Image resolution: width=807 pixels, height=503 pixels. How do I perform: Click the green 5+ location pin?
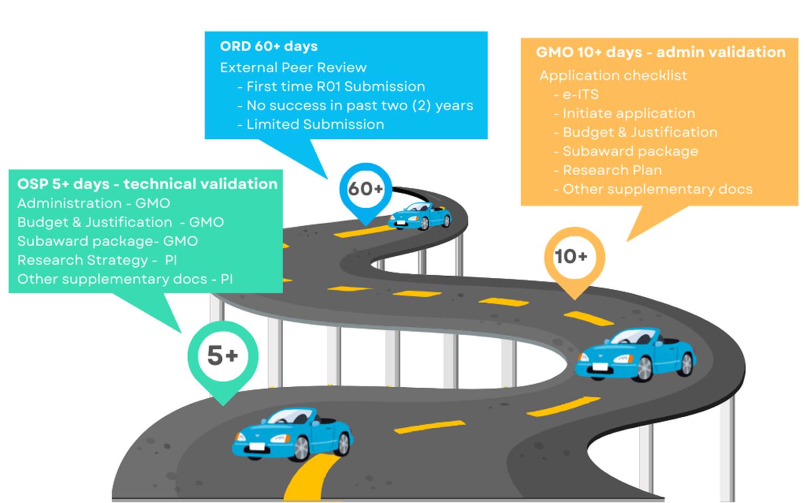tap(223, 356)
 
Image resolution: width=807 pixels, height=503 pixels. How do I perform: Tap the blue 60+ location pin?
tap(365, 189)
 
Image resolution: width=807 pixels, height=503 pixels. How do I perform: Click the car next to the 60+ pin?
tap(420, 216)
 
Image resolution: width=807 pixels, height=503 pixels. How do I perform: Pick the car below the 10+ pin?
tap(635, 354)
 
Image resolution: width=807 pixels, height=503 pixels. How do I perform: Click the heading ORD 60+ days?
tap(268, 46)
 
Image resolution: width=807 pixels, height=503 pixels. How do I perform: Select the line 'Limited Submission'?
tap(315, 125)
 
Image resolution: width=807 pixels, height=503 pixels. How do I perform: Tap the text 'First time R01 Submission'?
tap(335, 87)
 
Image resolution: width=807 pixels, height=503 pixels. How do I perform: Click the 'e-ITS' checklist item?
tap(580, 95)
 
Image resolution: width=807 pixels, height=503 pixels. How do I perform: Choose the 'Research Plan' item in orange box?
tap(612, 170)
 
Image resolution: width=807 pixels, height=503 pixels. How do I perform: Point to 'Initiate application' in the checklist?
tap(628, 114)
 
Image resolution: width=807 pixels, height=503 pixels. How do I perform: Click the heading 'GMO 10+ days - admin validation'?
tap(660, 53)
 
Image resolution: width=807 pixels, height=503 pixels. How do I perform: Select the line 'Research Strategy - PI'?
tap(97, 260)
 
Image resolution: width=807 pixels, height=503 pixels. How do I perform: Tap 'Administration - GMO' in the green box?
tap(94, 204)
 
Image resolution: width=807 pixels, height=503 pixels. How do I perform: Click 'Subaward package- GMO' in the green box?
tap(107, 242)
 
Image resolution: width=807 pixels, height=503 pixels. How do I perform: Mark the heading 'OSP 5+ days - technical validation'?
tap(147, 184)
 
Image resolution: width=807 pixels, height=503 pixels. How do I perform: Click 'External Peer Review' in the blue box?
tap(293, 68)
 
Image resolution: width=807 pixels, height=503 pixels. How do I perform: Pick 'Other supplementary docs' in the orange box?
tap(657, 189)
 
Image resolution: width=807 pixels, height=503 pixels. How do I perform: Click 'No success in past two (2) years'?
tap(359, 106)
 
